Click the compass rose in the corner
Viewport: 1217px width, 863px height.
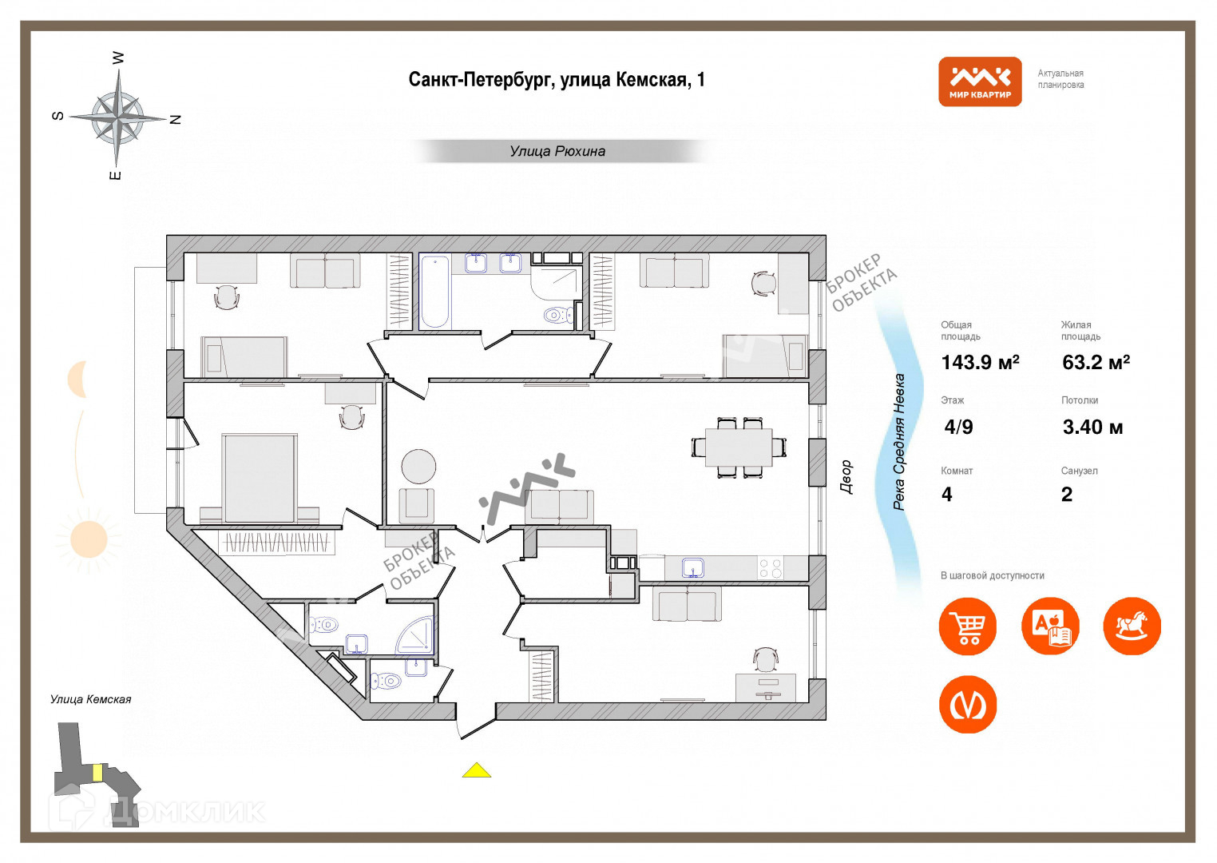tap(117, 117)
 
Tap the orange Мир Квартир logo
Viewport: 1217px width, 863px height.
tap(980, 82)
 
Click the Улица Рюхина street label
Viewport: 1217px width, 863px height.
tap(557, 151)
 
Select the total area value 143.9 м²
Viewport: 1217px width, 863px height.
tap(980, 363)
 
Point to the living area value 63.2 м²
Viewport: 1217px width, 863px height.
tap(1096, 363)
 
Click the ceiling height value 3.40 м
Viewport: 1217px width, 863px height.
tap(1092, 428)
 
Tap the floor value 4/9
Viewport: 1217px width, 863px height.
tap(958, 427)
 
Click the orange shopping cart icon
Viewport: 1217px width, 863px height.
tap(968, 626)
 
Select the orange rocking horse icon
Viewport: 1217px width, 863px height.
tap(1132, 626)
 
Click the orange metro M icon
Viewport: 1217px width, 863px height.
tap(968, 705)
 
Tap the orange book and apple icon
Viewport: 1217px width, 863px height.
tap(1050, 626)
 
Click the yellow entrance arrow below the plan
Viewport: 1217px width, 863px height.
tap(477, 770)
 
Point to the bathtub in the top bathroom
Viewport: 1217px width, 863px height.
tap(434, 291)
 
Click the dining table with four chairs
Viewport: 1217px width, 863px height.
tap(739, 447)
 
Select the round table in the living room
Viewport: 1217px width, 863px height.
tap(418, 466)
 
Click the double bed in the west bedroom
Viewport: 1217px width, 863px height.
tap(259, 478)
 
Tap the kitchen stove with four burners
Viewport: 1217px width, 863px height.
tap(771, 568)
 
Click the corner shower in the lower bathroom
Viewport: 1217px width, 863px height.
tap(417, 635)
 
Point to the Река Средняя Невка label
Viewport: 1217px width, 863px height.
tap(899, 442)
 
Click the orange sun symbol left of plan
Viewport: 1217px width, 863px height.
tap(89, 539)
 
